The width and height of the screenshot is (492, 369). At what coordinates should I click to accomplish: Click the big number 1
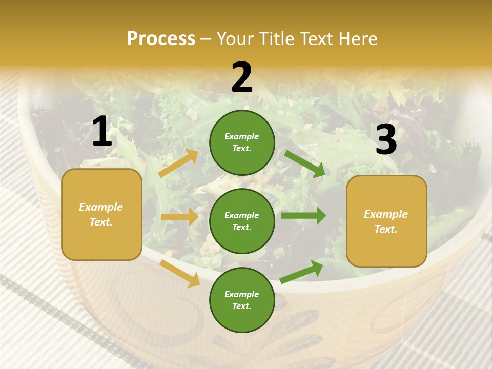point(102,132)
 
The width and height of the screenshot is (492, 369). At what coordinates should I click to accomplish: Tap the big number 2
point(242,77)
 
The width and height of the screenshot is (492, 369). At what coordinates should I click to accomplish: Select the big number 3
point(386,139)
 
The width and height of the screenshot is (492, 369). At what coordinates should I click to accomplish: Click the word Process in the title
point(161,38)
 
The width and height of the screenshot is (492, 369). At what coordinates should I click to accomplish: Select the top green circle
point(242,142)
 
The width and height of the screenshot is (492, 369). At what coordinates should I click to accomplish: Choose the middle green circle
point(242,221)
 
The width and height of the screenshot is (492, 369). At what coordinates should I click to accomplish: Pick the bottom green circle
point(242,300)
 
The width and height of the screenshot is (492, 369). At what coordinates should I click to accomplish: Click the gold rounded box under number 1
point(101,214)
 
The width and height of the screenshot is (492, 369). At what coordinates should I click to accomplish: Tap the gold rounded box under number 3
point(386,221)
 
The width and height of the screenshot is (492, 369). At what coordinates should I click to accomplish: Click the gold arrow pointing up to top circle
point(178,163)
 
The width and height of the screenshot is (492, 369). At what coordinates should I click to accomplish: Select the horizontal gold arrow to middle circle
point(179,217)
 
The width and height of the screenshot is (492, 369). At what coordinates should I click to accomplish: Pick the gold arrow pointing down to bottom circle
point(179,273)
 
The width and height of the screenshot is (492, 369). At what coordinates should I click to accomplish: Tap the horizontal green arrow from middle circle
point(303,216)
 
